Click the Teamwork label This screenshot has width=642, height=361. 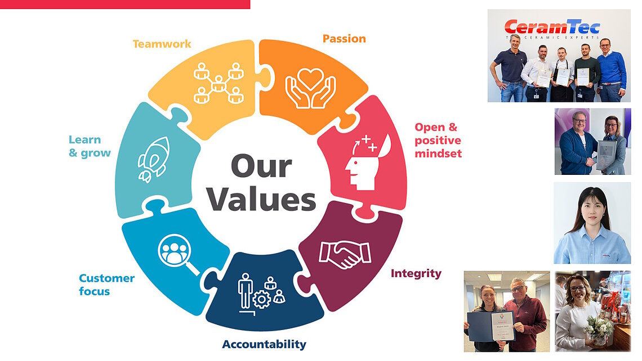162,43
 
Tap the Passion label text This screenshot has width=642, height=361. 344,39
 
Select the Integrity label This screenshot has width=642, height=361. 416,274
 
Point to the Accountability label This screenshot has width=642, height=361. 264,344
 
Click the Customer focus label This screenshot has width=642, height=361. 106,285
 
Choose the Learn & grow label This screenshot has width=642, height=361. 90,146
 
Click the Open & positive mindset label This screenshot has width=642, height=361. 438,140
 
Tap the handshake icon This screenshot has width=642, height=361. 345,254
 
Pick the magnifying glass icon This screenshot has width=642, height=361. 179,254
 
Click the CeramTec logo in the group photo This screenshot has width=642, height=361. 551,28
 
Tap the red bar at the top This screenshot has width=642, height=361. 125,4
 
